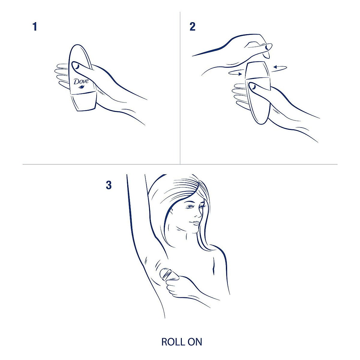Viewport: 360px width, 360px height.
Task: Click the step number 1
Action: [x=35, y=27]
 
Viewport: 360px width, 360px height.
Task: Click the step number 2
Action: [x=193, y=27]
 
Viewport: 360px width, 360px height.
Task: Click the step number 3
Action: [x=109, y=185]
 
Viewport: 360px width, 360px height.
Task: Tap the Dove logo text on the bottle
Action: [x=81, y=81]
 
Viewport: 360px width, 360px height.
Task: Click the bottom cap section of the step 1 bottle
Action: [x=82, y=102]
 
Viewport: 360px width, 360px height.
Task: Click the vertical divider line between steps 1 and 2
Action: [x=180, y=90]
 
